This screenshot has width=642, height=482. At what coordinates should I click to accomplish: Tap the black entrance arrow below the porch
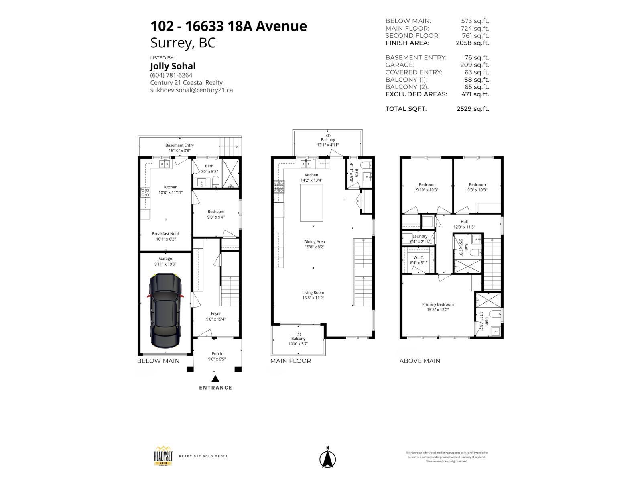point(215,378)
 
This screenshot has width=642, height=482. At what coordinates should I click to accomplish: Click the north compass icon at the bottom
point(327,458)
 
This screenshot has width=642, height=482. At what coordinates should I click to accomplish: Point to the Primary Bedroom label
point(438,304)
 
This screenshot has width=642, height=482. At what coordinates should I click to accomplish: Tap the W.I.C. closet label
point(419,258)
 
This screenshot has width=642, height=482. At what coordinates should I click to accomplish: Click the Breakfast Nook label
point(166,233)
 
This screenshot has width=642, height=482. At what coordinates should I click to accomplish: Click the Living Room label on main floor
point(313,292)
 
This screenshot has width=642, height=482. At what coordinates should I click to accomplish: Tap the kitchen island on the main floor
point(311,203)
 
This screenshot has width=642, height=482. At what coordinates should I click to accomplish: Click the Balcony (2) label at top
point(328,139)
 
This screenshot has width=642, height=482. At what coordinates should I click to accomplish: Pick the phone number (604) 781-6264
point(171,75)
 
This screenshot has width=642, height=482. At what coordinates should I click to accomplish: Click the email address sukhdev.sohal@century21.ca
point(191,90)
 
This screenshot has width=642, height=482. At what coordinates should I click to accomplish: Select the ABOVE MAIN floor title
point(420,361)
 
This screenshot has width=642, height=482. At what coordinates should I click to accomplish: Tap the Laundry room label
point(420,236)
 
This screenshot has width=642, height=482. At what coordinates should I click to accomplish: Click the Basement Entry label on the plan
point(179,145)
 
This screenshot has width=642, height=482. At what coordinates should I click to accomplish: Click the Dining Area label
point(314,242)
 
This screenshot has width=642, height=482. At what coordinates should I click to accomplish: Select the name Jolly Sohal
point(173,66)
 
